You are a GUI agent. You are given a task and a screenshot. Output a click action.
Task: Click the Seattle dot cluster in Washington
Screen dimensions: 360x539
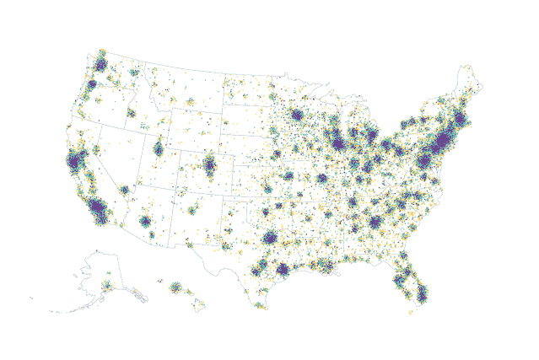click(x=100, y=63)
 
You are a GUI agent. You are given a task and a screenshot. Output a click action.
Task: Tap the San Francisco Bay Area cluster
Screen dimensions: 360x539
click(x=76, y=161)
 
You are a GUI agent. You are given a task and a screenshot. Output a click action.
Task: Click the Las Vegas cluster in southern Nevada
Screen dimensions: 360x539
click(x=125, y=190)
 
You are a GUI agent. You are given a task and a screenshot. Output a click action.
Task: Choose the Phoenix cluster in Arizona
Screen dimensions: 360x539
click(x=145, y=222)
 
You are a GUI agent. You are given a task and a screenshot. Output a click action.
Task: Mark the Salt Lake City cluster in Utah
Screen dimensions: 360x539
click(x=158, y=149)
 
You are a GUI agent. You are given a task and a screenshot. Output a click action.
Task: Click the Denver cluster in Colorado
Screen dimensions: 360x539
click(x=208, y=164)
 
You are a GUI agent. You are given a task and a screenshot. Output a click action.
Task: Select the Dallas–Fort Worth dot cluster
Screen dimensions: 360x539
click(x=270, y=239)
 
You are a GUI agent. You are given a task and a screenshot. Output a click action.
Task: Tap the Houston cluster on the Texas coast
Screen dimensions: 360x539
click(x=283, y=270)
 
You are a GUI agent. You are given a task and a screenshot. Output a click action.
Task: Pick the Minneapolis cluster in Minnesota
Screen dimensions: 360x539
click(x=297, y=116)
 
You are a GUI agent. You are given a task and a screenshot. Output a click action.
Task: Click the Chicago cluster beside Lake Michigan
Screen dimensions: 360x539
click(x=339, y=144)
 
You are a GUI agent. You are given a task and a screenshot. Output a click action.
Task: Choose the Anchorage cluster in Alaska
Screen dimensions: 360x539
click(x=107, y=286)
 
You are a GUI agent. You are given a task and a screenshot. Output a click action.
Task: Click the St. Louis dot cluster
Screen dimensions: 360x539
click(x=321, y=179)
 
